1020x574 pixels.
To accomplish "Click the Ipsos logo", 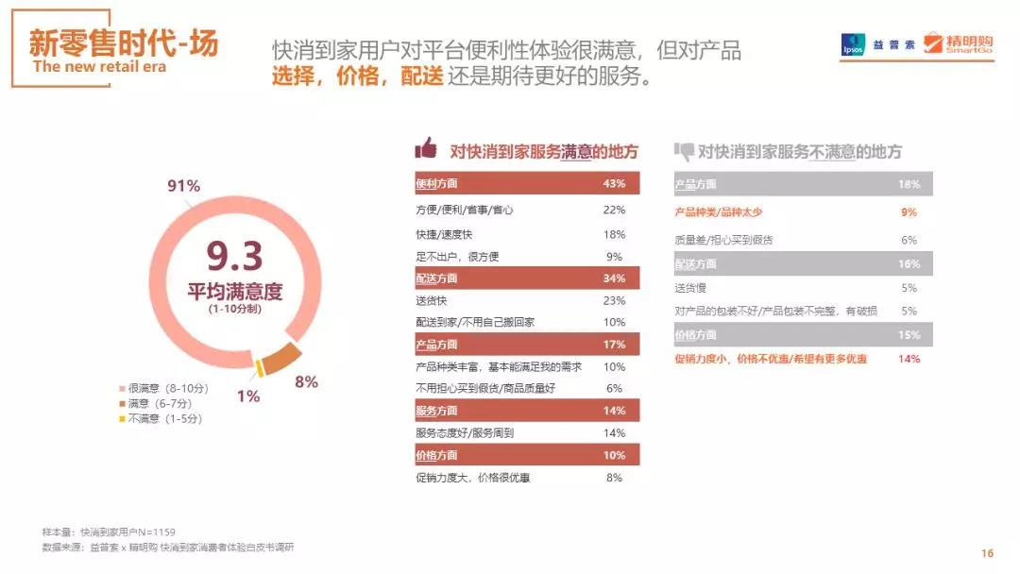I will tap(853, 45).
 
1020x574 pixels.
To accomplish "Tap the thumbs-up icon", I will tap(426, 148).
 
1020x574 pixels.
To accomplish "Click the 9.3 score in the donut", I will tap(234, 256).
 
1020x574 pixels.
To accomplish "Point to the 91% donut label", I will tap(183, 186).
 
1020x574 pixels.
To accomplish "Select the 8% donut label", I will tap(306, 381).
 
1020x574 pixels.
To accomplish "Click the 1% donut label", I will tap(247, 397).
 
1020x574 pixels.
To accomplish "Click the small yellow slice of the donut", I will tap(258, 367).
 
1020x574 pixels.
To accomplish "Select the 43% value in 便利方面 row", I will tap(614, 183).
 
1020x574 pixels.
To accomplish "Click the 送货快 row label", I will tap(431, 301).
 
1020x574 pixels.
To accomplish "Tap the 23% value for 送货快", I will tap(614, 301).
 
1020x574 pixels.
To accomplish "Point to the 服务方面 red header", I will tap(436, 411).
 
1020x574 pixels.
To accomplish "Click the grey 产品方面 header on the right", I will tap(696, 185).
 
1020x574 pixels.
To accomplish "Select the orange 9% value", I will tap(909, 212).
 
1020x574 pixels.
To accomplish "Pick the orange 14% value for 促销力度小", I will tap(909, 359).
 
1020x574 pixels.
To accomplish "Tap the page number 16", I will tap(987, 553).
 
